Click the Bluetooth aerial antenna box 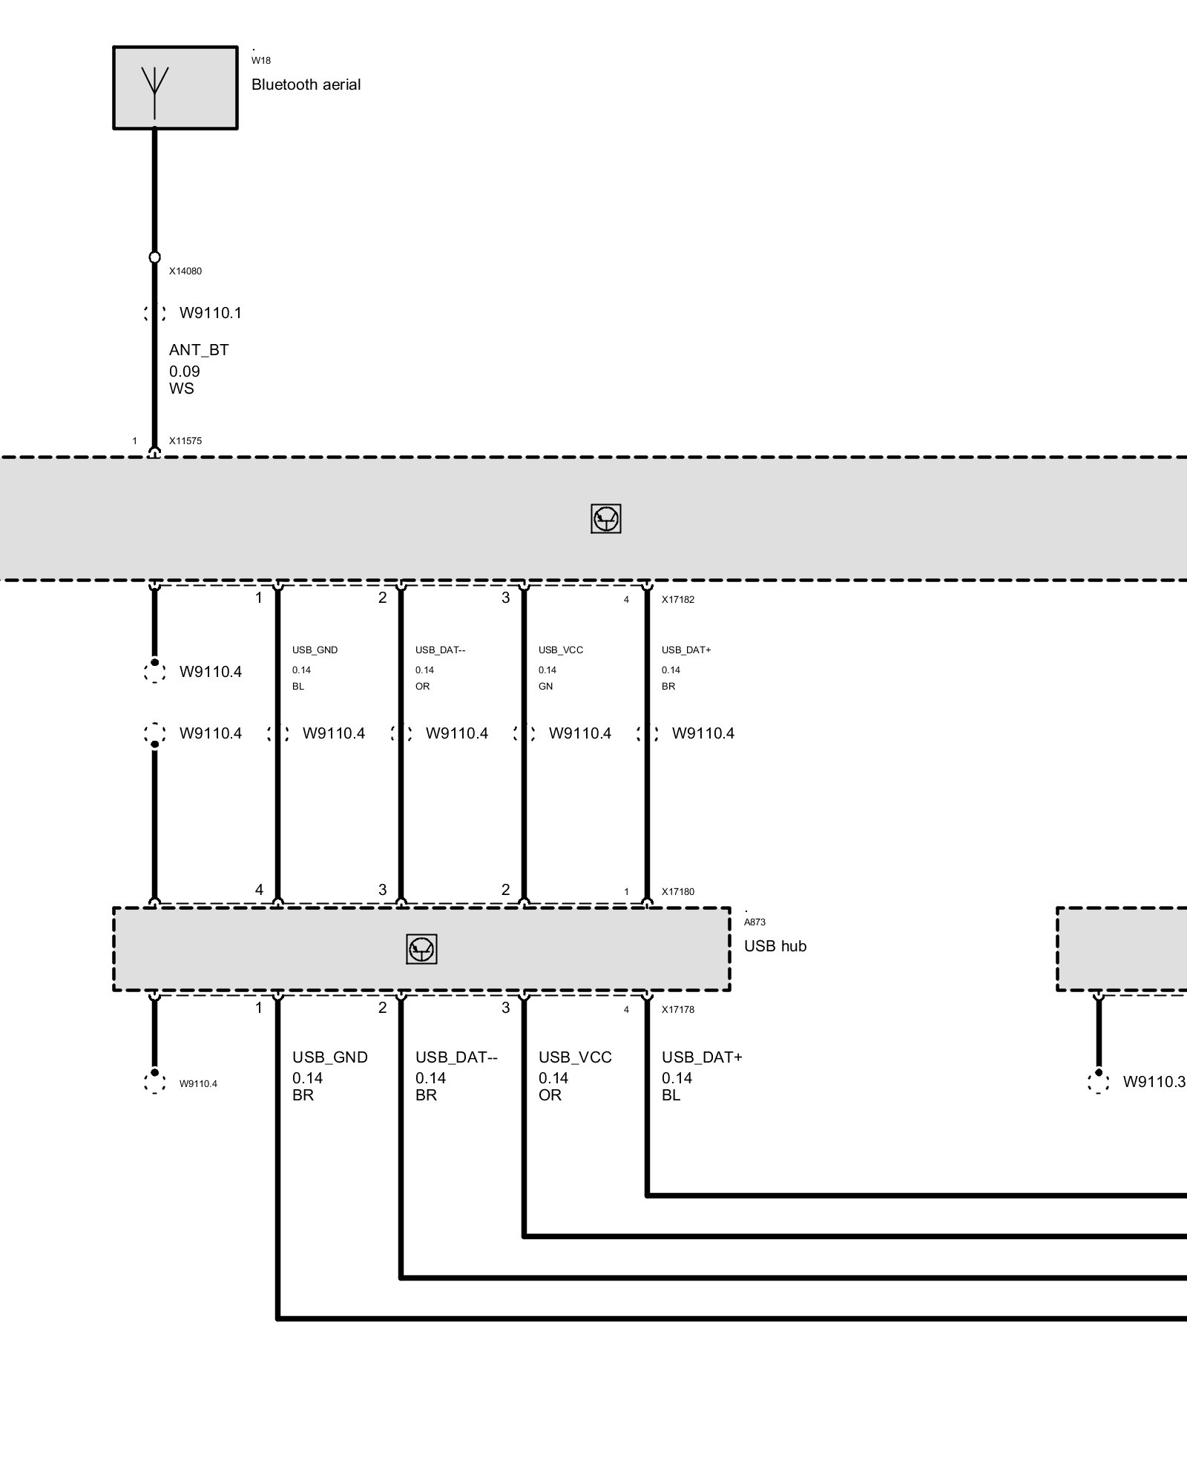(175, 87)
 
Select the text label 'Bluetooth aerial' (306, 85)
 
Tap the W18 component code (260, 61)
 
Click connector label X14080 (185, 271)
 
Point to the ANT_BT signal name (198, 350)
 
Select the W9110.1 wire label (211, 313)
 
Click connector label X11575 (185, 440)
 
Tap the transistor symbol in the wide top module (605, 519)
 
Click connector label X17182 (678, 599)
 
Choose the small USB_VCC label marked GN (561, 650)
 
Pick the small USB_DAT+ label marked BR (686, 650)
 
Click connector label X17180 (678, 891)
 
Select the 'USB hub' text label (775, 946)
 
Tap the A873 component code (754, 922)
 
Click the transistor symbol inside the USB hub (421, 949)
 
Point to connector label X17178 (678, 1009)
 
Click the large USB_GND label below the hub (329, 1057)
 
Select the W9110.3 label (1154, 1082)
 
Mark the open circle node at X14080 (154, 257)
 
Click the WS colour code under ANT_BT (181, 389)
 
